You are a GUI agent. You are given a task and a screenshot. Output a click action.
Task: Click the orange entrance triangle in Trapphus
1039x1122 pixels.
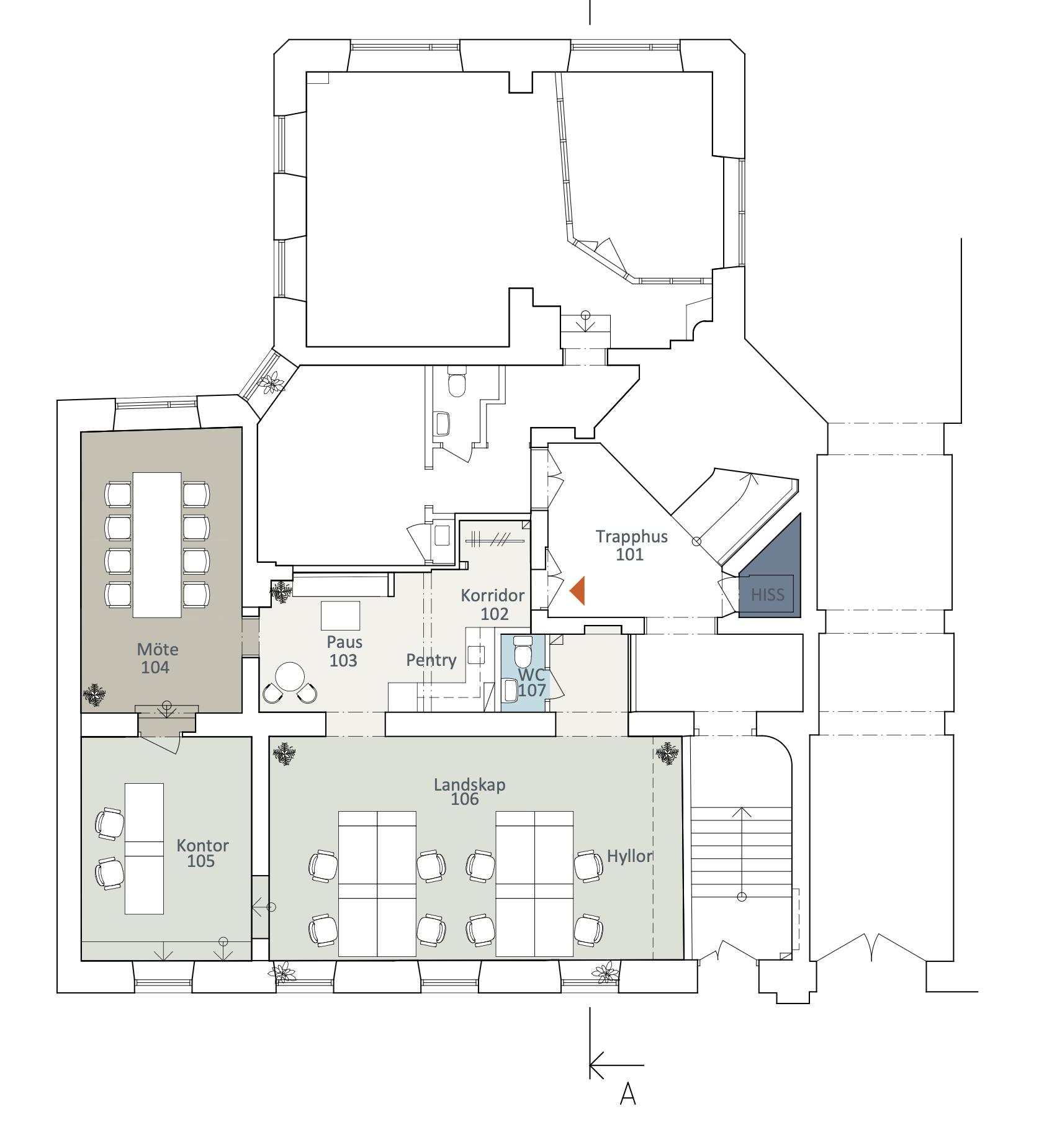578,590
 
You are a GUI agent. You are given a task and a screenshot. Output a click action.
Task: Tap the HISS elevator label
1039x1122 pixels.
768,595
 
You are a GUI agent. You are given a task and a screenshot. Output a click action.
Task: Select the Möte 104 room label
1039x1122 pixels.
157,658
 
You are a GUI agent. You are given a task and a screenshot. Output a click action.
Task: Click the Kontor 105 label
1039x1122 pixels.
202,853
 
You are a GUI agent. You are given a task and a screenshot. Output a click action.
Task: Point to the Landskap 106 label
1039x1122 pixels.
469,792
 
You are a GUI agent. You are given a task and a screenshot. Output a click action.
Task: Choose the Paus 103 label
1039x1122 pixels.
344,651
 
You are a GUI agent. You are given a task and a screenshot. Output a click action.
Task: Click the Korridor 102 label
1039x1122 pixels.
493,604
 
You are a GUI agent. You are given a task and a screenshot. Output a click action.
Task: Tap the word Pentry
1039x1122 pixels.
431,660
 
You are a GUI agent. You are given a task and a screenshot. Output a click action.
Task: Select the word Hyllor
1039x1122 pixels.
630,856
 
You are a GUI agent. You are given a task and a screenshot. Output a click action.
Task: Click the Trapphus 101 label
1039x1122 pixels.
632,545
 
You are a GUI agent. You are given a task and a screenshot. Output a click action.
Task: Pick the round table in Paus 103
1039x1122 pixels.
290,676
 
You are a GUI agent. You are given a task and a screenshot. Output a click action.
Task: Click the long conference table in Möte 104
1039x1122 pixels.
157,545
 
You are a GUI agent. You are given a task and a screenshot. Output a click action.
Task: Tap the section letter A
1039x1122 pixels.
628,1093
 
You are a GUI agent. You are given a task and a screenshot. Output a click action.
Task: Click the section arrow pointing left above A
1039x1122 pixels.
616,1065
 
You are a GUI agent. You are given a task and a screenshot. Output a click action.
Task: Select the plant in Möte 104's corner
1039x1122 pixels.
94,694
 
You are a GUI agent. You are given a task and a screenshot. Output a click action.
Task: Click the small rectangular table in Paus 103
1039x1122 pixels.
340,616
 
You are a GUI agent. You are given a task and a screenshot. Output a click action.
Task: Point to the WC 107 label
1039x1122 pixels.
532,682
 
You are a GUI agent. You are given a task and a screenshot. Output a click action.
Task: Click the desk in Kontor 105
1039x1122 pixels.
144,848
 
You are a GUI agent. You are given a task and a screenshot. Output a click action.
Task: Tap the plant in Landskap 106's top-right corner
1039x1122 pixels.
667,753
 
